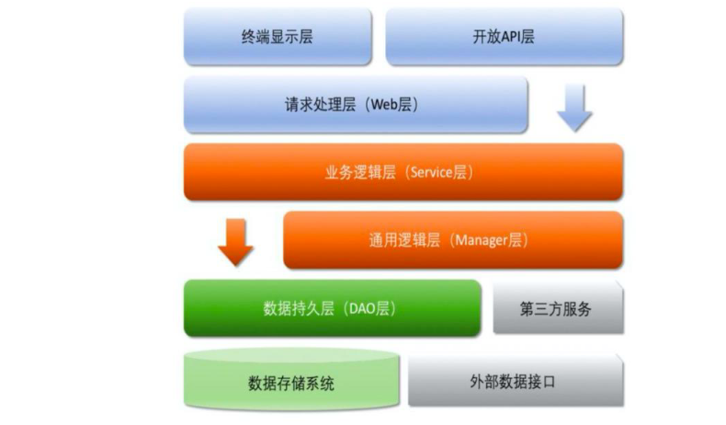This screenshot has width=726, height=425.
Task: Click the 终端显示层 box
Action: tap(278, 36)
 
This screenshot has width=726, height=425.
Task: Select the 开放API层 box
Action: tap(505, 36)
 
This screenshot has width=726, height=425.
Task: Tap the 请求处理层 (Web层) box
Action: tap(356, 105)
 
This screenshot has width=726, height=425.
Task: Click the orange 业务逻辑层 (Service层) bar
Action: tap(403, 172)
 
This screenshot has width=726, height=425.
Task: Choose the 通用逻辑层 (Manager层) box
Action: tap(453, 240)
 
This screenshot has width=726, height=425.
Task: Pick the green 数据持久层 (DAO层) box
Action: tap(333, 308)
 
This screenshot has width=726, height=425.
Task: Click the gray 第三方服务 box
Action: tap(559, 307)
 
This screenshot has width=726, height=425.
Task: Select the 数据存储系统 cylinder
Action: tap(291, 379)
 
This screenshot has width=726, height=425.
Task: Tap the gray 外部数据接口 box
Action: tap(516, 381)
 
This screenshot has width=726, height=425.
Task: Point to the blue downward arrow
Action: tap(574, 109)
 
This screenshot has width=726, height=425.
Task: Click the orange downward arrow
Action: tap(235, 242)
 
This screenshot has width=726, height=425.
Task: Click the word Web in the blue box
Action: tap(384, 105)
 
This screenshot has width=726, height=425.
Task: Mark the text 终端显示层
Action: tap(278, 37)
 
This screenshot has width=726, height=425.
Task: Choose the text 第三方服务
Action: tap(556, 309)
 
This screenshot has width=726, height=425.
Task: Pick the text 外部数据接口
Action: tap(513, 382)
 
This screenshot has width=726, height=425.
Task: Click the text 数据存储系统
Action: tap(291, 384)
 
